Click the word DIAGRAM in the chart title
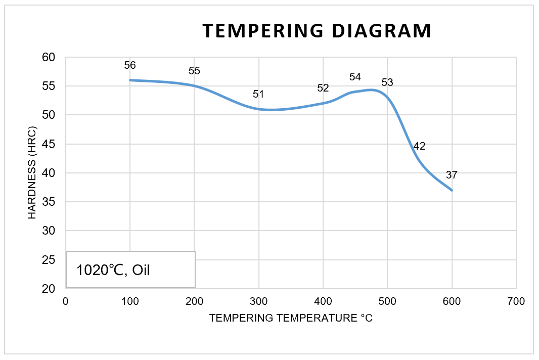(x=382, y=31)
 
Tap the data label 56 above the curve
(x=130, y=65)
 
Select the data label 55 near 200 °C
(x=194, y=71)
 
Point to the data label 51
(x=259, y=94)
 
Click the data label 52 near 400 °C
(x=323, y=88)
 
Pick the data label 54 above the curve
(x=355, y=77)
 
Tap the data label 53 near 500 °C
(x=387, y=82)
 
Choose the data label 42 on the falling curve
(x=419, y=146)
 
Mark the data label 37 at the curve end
(x=452, y=175)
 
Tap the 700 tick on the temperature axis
(x=516, y=301)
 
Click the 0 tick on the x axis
(x=66, y=301)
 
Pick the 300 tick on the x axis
(x=259, y=301)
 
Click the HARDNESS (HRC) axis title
(x=32, y=173)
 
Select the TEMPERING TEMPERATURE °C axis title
(x=291, y=318)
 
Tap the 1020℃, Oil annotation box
(x=130, y=269)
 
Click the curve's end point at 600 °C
(x=452, y=190)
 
